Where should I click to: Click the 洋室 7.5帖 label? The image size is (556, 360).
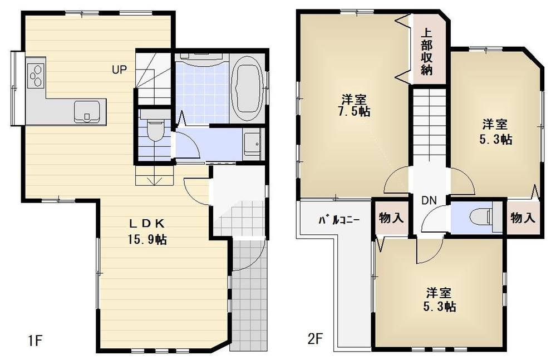[x=355, y=105]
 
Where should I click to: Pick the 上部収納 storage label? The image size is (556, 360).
[x=427, y=52]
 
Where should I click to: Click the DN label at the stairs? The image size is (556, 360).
[x=429, y=200]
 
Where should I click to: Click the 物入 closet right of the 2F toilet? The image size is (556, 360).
[x=523, y=218]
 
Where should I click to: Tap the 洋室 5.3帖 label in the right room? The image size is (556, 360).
[x=496, y=131]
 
